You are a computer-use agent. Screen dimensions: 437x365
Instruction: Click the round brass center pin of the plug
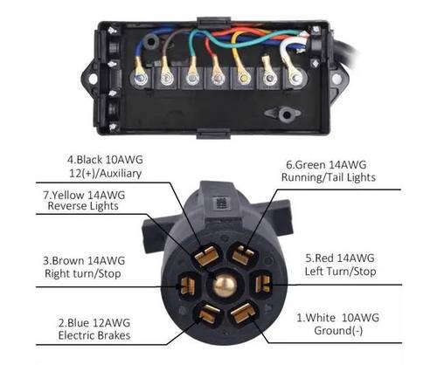224,285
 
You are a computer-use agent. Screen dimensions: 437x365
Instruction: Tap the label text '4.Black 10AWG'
105,160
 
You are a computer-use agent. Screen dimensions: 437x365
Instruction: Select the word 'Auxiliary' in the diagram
121,174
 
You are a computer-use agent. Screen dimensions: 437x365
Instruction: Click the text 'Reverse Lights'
83,206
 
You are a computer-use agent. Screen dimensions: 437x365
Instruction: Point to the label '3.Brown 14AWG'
84,260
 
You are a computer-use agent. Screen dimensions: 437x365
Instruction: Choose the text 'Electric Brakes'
94,335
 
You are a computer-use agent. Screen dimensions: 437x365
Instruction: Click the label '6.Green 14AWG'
326,165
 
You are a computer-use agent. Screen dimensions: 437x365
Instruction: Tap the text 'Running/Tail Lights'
329,177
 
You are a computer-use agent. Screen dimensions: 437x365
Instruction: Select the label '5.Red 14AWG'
340,258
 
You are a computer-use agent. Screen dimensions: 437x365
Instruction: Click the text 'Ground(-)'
338,331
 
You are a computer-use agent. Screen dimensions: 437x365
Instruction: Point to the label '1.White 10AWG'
338,318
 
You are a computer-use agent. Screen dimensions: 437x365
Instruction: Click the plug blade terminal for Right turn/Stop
187,285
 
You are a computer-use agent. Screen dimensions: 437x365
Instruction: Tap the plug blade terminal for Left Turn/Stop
262,284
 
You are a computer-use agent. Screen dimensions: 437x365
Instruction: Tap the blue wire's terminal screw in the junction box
141,78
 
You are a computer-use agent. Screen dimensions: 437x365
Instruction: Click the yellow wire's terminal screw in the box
244,78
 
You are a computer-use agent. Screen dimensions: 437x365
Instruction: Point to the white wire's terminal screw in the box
295,78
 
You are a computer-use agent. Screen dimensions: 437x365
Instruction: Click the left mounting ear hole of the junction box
93,79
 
